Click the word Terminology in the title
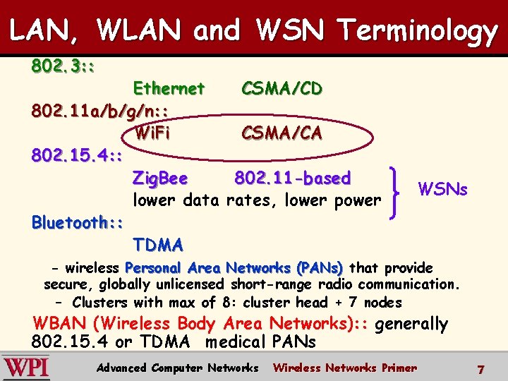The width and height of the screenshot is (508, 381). point(418,31)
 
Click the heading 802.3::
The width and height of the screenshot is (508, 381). point(64,68)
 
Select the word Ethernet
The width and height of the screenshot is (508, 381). point(169,88)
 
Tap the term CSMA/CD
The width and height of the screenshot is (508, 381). point(282,88)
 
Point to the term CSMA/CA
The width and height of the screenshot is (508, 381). point(282,133)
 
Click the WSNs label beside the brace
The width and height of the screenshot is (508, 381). point(443,189)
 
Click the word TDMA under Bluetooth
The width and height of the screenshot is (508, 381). point(158,245)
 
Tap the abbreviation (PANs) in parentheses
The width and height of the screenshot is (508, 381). point(320,268)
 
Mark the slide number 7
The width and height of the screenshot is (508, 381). point(480,369)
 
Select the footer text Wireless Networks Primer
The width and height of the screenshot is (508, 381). point(345,368)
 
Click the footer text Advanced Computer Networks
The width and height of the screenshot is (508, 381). point(178,368)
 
